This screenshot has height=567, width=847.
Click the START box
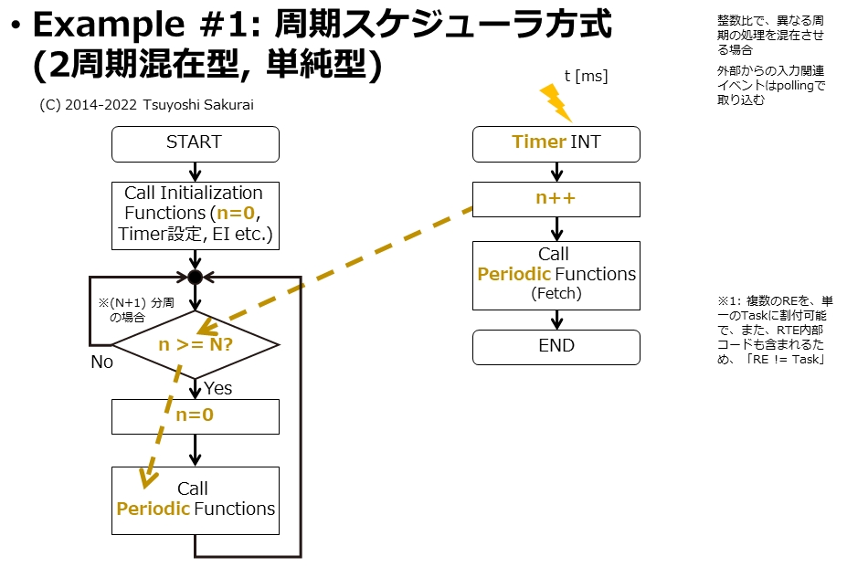[x=195, y=143]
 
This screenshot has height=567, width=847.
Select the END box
[x=556, y=346]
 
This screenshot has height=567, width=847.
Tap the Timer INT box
[x=556, y=143]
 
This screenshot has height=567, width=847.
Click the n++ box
[x=556, y=199]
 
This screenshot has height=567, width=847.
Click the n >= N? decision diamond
[x=195, y=345]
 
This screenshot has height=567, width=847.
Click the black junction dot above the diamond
[x=195, y=277]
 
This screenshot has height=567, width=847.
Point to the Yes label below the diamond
[x=217, y=388]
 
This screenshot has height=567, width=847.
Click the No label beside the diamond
[x=101, y=362]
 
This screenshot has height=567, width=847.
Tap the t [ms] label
[x=586, y=76]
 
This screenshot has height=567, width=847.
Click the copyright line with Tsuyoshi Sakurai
[x=147, y=105]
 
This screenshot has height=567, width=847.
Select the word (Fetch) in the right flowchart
[x=556, y=294]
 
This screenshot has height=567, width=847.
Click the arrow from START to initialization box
[x=195, y=171]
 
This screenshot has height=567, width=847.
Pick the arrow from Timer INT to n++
[x=556, y=172]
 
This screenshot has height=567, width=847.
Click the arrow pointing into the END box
[x=556, y=320]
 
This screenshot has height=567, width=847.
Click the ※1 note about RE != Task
[x=775, y=330]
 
